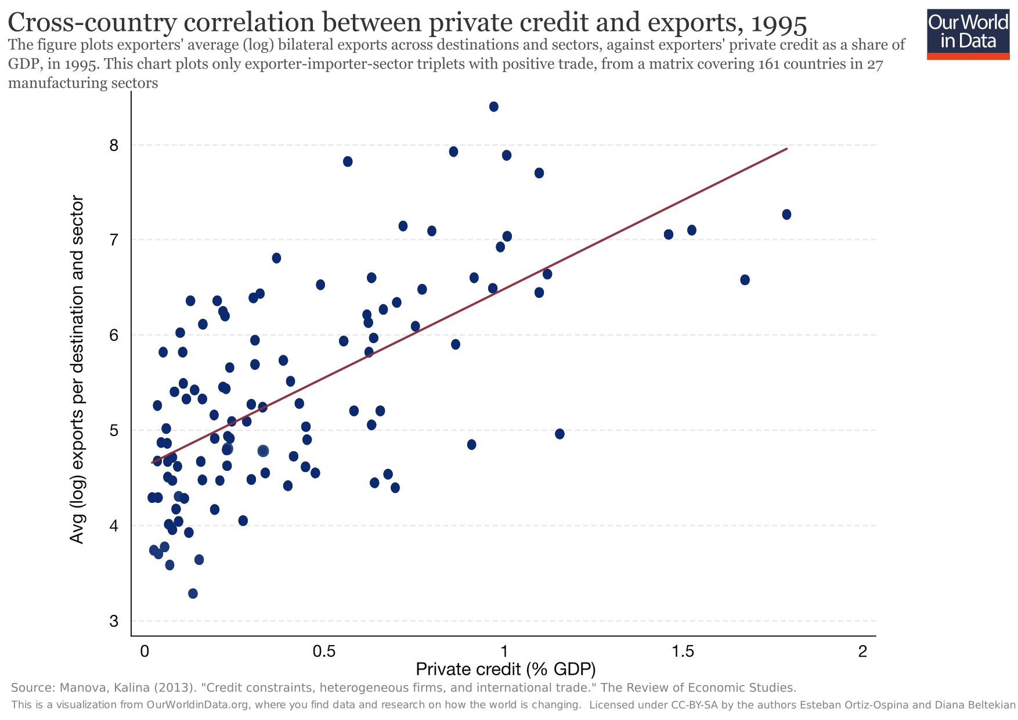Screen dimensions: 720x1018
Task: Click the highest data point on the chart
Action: coord(494,107)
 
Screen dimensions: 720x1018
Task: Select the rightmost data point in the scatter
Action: coord(786,215)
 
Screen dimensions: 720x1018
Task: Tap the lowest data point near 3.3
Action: coord(193,593)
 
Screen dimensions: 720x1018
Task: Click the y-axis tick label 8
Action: coord(114,145)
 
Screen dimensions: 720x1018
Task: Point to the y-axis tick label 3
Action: coord(114,621)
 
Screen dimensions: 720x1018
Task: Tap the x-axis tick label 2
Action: coord(862,651)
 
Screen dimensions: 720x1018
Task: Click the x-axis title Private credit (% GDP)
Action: coord(506,670)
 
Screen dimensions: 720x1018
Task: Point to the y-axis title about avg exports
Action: coord(77,370)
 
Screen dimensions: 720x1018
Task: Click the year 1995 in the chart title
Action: coord(778,23)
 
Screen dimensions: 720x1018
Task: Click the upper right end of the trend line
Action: coord(786,149)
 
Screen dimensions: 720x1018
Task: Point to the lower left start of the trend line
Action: coord(153,463)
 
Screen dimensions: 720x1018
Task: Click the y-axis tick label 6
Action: coord(114,336)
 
